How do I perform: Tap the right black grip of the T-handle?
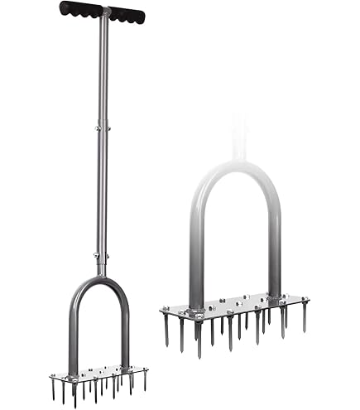click(x=127, y=15)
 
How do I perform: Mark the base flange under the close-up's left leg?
click(x=197, y=313)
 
